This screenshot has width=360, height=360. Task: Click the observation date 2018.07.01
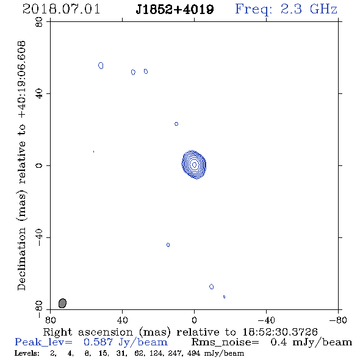(x=61, y=9)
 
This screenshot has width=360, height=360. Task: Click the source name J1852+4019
(x=175, y=9)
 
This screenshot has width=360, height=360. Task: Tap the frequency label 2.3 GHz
(x=309, y=9)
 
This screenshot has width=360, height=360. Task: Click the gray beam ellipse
(x=62, y=303)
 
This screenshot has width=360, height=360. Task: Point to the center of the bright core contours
(x=194, y=165)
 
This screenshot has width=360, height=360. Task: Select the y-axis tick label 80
(x=39, y=22)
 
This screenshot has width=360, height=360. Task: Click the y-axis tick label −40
(x=39, y=237)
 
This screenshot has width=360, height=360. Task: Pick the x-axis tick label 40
(x=123, y=320)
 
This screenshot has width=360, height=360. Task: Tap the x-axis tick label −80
(x=338, y=320)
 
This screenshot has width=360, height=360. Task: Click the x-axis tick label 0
(x=194, y=320)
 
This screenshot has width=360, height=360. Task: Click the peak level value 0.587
(x=98, y=342)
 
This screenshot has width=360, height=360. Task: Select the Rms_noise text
(x=225, y=342)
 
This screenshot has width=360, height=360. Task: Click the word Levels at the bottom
(x=27, y=353)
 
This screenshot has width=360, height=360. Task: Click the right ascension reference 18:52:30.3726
(x=280, y=332)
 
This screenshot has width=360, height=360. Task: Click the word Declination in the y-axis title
(x=21, y=259)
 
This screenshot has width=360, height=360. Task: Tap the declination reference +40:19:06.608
(x=21, y=80)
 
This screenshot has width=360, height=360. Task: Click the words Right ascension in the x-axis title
(x=88, y=332)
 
